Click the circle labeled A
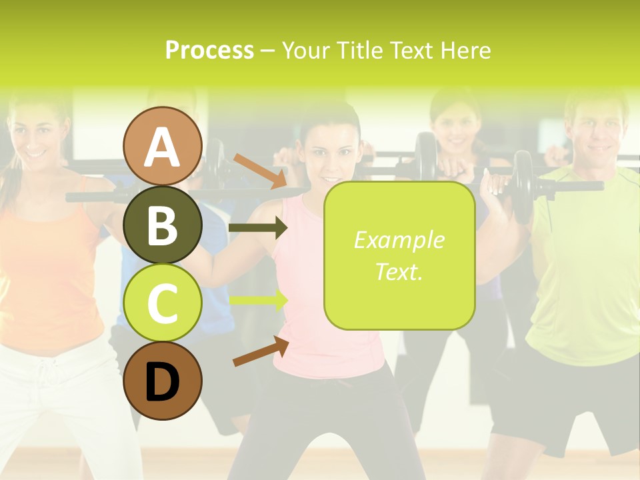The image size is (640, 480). click(163, 147)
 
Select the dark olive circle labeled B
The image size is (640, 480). click(163, 225)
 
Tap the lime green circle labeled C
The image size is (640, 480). click(163, 303)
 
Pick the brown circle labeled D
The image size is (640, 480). click(163, 381)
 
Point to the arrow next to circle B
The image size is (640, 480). click(258, 228)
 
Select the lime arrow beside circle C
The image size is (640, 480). click(258, 300)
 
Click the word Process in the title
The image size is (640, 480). click(209, 51)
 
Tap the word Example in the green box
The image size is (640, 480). click(399, 240)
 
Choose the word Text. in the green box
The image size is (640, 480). click(399, 271)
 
